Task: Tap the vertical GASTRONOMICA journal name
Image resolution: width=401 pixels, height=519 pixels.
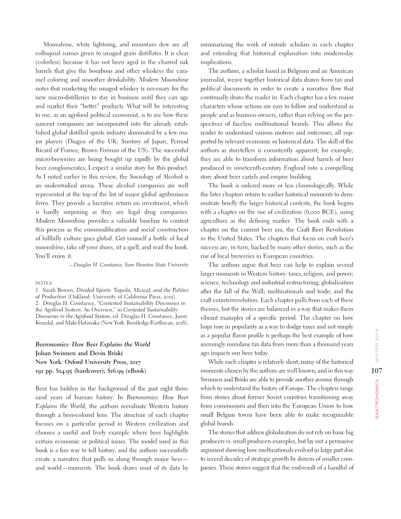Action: [x=377, y=399]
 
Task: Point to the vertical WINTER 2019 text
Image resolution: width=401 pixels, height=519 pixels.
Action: [x=377, y=345]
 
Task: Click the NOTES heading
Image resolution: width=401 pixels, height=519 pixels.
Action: [x=43, y=283]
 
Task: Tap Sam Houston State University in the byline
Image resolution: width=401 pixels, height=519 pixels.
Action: [x=156, y=265]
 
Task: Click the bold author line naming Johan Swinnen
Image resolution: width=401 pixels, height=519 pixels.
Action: [x=79, y=353]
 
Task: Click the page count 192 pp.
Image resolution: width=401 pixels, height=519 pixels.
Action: [x=44, y=371]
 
